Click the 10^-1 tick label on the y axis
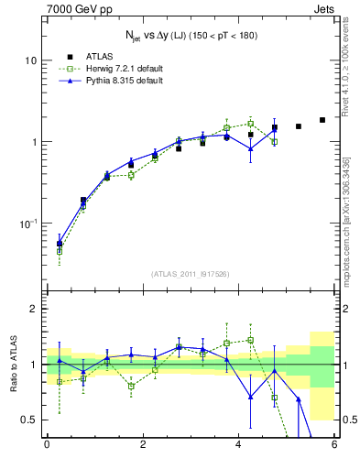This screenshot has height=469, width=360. (28, 224)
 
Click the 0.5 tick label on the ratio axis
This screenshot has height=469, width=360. (29, 420)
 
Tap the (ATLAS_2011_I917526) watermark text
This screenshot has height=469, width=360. (191, 274)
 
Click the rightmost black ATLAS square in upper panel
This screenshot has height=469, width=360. (322, 120)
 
